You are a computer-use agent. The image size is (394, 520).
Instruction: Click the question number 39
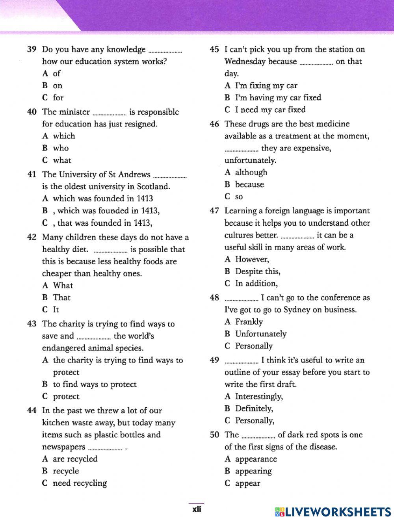pos(32,49)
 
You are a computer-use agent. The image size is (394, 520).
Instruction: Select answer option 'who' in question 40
pos(61,148)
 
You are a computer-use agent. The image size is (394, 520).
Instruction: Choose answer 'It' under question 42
pos(56,310)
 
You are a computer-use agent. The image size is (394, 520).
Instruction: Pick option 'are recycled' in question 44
pos(75,459)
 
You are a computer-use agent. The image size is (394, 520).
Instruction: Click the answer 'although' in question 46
pos(251,173)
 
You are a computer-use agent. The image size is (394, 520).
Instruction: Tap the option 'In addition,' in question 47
pos(256,284)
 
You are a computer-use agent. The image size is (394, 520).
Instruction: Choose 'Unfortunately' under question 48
pos(260,334)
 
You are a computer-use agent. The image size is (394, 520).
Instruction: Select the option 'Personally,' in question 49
pos(255,421)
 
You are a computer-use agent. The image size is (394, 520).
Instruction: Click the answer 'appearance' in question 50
pos(256,459)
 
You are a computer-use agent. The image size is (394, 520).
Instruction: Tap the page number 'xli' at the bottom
pos(197,509)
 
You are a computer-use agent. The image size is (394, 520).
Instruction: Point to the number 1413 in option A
pos(145,199)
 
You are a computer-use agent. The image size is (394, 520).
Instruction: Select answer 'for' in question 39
pos(58,98)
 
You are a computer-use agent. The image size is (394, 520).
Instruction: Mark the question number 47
pos(214,211)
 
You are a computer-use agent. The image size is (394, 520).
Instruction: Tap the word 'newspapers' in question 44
pos(63,447)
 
